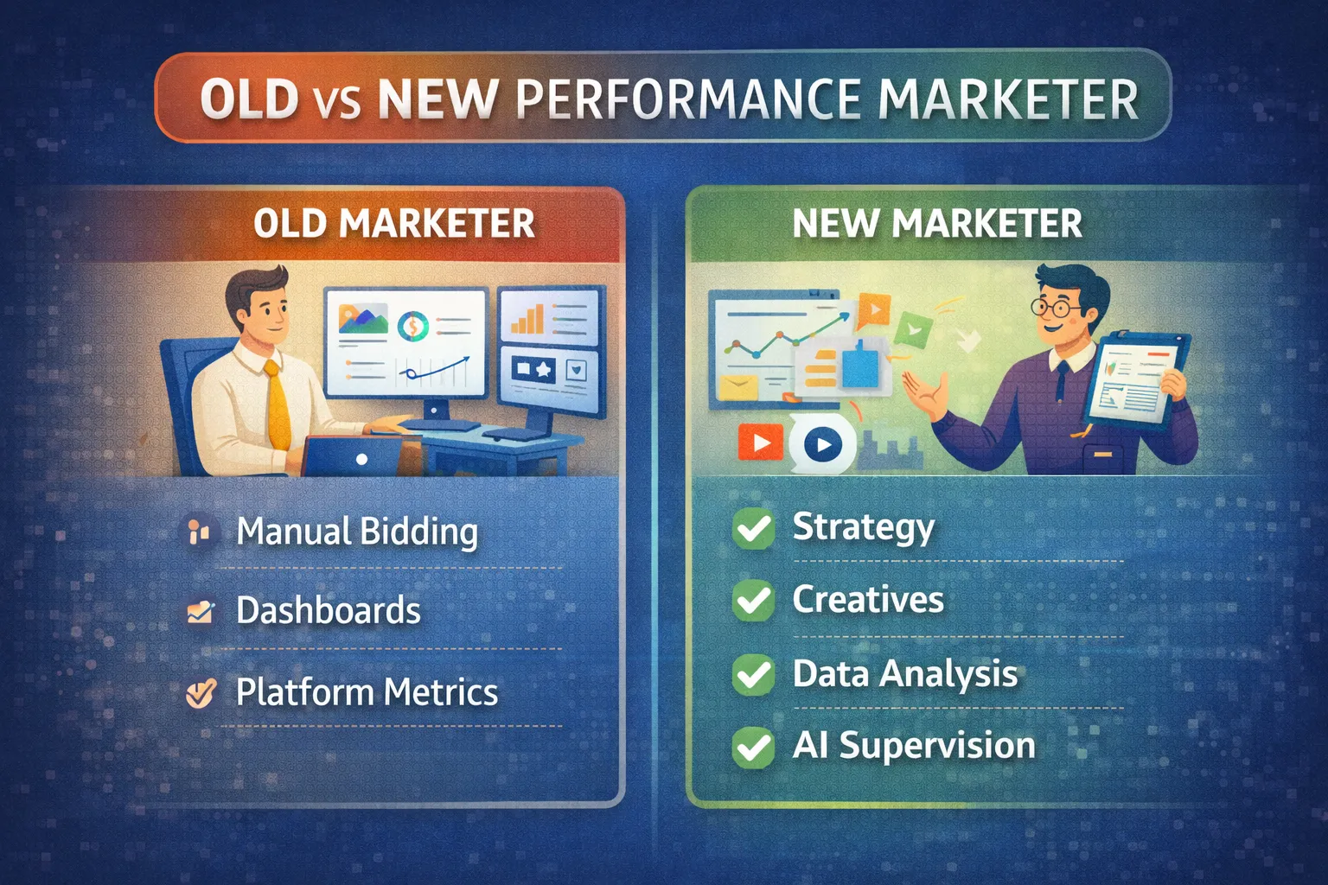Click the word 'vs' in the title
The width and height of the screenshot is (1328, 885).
tap(337, 100)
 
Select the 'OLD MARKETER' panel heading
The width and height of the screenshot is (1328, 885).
tap(394, 224)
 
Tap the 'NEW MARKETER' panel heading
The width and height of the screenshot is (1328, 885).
tap(937, 224)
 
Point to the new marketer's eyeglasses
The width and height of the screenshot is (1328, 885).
tap(1052, 306)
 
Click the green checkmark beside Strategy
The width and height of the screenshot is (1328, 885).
tap(753, 528)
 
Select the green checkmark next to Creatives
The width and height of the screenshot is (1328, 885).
tap(753, 600)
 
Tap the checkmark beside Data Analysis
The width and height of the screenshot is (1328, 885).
tap(753, 674)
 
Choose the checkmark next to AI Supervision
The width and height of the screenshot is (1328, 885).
tap(753, 746)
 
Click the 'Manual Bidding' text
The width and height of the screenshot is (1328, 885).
tap(357, 532)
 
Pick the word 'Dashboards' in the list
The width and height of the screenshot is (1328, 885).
tap(329, 611)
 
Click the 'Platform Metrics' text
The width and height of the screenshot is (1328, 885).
tap(367, 692)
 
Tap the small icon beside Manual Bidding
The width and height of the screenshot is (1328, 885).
tap(199, 531)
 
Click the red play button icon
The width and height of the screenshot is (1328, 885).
tap(760, 443)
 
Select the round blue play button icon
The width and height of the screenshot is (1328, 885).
tap(822, 445)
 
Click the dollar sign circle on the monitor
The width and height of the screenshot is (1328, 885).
tap(413, 326)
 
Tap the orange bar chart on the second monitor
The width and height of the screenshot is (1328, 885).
tap(527, 320)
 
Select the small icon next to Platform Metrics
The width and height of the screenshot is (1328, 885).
tap(201, 692)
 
